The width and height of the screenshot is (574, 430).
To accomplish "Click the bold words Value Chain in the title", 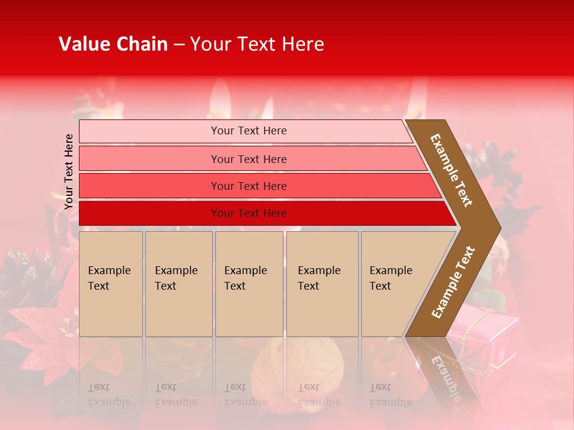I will click(113, 44).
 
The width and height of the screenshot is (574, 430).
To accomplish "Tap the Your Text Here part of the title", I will click(257, 44).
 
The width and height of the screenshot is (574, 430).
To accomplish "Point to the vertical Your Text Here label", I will click(69, 171).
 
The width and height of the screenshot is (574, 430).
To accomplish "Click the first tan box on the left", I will click(111, 284).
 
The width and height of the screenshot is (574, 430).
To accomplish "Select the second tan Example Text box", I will click(178, 284).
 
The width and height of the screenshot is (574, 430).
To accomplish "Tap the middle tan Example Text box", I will click(249, 284).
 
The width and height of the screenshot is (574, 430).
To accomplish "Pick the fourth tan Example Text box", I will click(322, 284).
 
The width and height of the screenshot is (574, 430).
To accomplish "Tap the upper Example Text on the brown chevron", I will click(451, 170).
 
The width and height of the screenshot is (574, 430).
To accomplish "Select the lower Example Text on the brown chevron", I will click(453, 282).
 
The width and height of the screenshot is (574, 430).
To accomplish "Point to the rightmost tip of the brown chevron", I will click(499, 228).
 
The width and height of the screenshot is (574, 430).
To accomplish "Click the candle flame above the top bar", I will click(221, 96).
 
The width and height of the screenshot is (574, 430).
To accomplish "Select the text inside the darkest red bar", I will click(249, 213).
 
